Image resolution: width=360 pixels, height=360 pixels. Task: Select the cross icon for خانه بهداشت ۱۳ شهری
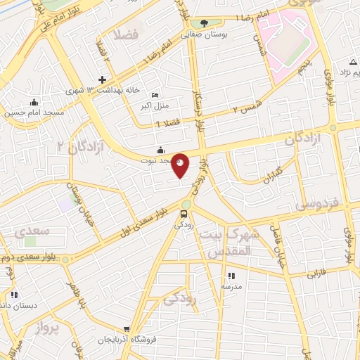[103, 79]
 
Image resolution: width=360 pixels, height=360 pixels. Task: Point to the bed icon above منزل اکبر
[156, 96]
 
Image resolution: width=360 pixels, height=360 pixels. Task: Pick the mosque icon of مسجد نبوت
[161, 149]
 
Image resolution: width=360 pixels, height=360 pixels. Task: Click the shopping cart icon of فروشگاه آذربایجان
[127, 328]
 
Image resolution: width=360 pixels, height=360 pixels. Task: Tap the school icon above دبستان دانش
[14, 295]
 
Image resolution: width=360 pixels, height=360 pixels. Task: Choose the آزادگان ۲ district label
[82, 145]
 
